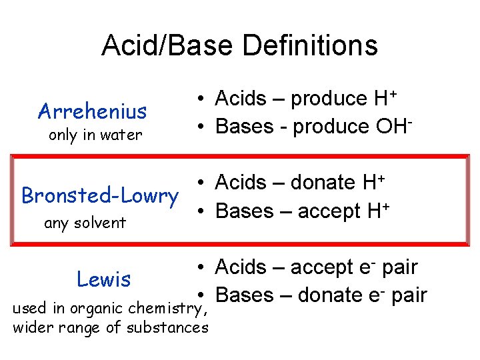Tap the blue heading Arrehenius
[93, 110]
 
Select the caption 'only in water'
[95, 135]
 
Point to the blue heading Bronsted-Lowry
[100, 196]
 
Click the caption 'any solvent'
[85, 223]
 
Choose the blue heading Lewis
[104, 279]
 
